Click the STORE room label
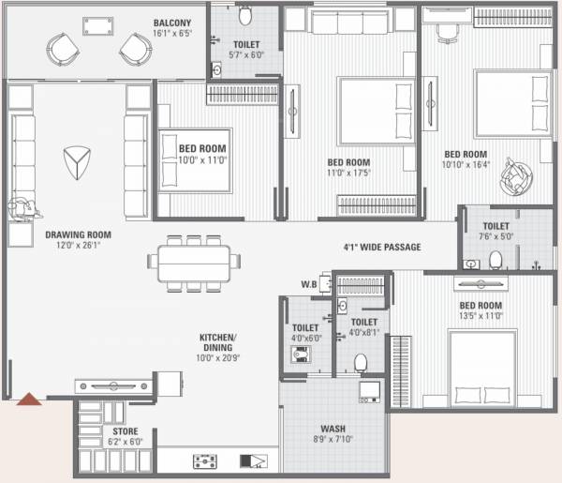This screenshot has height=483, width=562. [126, 431]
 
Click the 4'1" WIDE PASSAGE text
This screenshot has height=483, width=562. [381, 248]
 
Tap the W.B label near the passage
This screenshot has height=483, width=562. [308, 284]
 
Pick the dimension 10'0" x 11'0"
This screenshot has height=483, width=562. [203, 159]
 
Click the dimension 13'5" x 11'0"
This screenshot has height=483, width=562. [480, 316]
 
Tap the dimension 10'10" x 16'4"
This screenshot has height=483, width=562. [466, 165]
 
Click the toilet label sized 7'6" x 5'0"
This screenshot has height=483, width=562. [495, 236]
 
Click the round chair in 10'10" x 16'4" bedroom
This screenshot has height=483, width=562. [514, 174]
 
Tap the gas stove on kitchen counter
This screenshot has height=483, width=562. [206, 461]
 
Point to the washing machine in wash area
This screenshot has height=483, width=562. [370, 390]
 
